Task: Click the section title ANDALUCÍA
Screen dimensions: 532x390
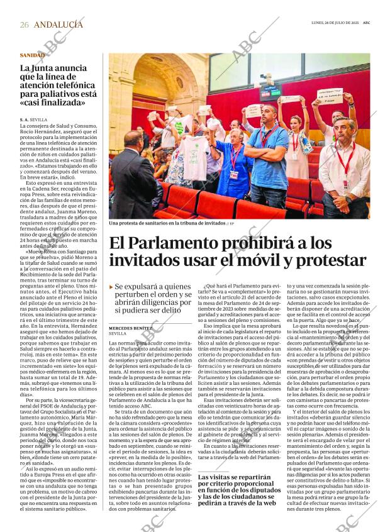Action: coord(58,25)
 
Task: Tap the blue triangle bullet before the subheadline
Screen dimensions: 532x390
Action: coord(111,287)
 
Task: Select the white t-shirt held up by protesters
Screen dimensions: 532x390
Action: coord(192,157)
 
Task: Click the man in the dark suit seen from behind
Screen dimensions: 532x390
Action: coord(133,176)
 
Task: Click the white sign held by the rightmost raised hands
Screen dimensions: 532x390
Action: coord(330,97)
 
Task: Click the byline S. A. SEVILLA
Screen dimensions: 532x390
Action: coord(33,119)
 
